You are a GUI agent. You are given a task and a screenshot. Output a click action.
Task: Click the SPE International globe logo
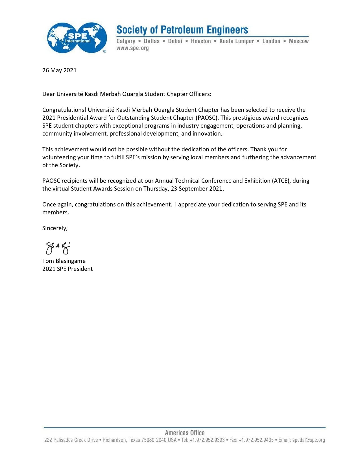coord(77,38)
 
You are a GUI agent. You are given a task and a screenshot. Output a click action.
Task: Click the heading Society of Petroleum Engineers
coord(182,30)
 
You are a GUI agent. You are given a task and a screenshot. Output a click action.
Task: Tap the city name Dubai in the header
coord(175,41)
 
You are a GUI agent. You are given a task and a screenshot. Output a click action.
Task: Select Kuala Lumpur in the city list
coord(236,41)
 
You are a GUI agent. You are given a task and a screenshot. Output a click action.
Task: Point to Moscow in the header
coord(298,41)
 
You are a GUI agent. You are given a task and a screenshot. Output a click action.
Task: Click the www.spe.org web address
coord(132,48)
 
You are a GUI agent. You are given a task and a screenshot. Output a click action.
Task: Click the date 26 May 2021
coord(59,70)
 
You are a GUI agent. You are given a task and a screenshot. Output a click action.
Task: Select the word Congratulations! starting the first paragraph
coord(64,110)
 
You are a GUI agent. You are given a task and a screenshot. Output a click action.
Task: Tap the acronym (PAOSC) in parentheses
coord(207,118)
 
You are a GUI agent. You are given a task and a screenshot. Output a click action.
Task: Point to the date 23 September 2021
coord(197,189)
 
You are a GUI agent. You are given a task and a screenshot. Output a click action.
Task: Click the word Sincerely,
coord(55,228)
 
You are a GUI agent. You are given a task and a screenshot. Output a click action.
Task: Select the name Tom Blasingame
coord(64,261)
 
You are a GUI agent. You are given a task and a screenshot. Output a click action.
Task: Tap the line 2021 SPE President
coord(67,269)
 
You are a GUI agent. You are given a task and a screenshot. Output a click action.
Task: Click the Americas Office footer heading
coord(185,433)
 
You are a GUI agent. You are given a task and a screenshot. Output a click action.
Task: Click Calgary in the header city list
coord(126,41)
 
